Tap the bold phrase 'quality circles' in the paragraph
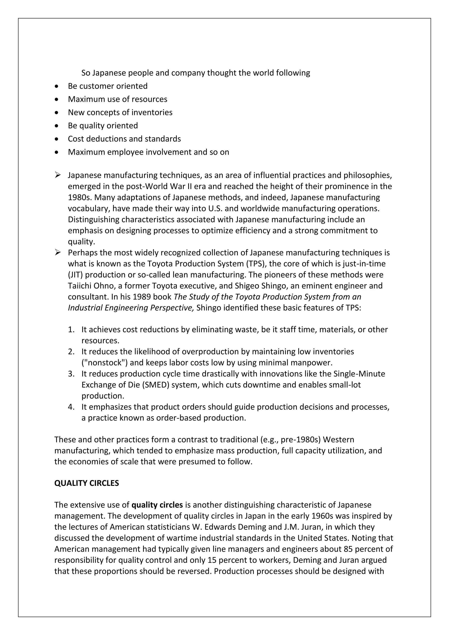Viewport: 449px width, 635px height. point(157,505)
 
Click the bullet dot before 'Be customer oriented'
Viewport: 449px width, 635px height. point(57,86)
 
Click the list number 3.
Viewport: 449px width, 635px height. point(71,374)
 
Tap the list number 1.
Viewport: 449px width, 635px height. point(71,329)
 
